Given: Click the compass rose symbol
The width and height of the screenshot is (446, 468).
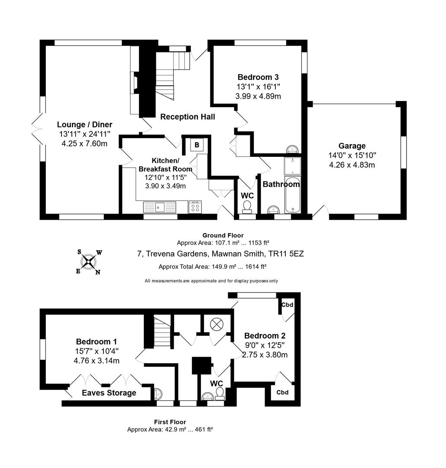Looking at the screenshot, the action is (x=89, y=261).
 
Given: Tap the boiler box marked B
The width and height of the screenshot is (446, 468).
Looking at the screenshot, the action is (x=197, y=145).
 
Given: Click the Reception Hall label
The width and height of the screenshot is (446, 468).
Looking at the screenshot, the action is (x=187, y=117).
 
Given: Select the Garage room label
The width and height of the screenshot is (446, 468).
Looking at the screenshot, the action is (x=352, y=146).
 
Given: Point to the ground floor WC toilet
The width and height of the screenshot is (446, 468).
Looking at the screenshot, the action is (x=247, y=207).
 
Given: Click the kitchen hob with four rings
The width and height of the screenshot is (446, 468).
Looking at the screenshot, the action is (x=195, y=207).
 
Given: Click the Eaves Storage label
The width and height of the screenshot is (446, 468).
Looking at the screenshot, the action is (x=110, y=393).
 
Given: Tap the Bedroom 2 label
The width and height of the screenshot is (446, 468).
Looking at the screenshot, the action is (x=265, y=336).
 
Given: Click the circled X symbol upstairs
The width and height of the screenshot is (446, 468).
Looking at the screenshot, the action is (x=216, y=324).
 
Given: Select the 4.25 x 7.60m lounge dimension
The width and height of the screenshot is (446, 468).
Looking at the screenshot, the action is (x=85, y=143).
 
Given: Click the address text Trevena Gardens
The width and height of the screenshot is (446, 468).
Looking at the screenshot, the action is (x=220, y=254).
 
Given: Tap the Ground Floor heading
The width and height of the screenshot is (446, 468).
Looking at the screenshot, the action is (x=223, y=235).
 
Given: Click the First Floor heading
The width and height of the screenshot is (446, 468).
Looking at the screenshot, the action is (x=170, y=422).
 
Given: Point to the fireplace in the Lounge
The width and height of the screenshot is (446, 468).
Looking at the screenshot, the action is (x=135, y=82).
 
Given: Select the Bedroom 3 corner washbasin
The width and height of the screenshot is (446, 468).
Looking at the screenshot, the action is (x=293, y=149).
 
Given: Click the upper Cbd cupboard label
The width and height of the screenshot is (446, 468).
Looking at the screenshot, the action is (x=287, y=305).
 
